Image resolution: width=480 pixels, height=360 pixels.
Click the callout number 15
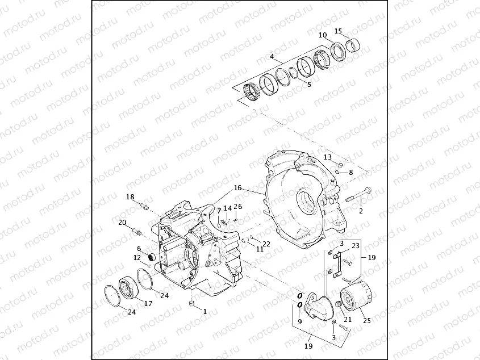click(338, 31)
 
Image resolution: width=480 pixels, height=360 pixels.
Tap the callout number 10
click(323, 35)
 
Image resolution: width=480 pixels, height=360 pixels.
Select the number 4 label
click(272, 57)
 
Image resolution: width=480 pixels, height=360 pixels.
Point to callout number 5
click(309, 84)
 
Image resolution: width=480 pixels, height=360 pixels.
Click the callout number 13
click(328, 157)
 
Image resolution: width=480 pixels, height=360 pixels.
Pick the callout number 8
click(350, 172)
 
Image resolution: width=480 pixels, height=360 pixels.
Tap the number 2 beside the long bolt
click(360, 211)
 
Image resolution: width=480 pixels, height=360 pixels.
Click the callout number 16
click(237, 187)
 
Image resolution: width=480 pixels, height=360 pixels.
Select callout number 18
click(130, 197)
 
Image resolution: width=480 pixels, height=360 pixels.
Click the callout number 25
click(366, 321)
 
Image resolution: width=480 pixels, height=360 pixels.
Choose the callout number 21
click(348, 319)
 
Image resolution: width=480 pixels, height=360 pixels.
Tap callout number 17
click(148, 304)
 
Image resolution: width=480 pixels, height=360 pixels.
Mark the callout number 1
click(204, 311)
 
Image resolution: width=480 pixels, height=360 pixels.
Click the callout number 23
click(356, 246)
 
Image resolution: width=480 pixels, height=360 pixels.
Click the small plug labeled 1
click(192, 306)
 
